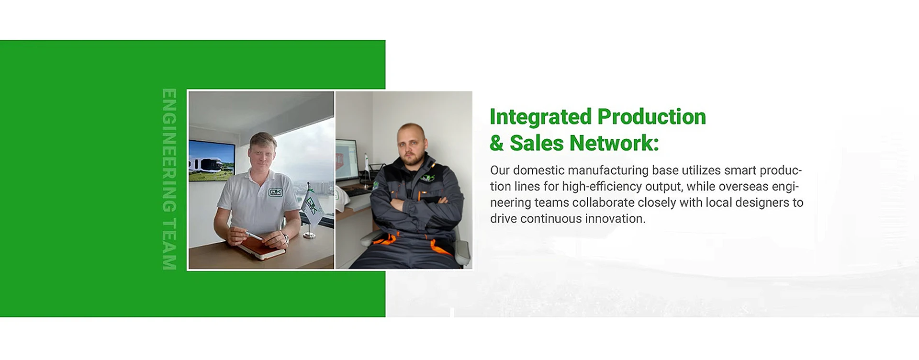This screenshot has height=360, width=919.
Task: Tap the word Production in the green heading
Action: pyautogui.click(x=652, y=117)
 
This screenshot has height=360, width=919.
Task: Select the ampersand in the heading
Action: pyautogui.click(x=497, y=143)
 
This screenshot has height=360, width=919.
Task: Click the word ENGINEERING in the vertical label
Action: pyautogui.click(x=169, y=150)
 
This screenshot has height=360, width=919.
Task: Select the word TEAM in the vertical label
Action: pyautogui.click(x=169, y=244)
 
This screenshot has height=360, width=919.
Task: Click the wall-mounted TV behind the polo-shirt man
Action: pyautogui.click(x=212, y=161)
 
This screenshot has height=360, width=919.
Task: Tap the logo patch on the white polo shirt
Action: pyautogui.click(x=276, y=192)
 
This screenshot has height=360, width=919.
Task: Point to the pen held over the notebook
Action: pyautogui.click(x=254, y=235)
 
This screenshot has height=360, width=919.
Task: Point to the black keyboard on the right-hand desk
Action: pyautogui.click(x=359, y=192)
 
